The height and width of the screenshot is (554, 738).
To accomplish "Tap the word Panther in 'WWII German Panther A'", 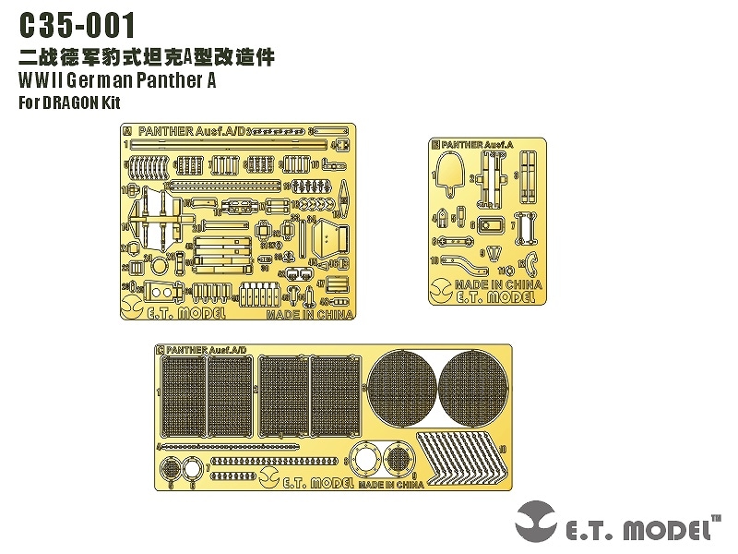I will pyautogui.click(x=160, y=80).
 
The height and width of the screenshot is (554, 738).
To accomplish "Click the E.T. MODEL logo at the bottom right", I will pyautogui.click(x=618, y=524).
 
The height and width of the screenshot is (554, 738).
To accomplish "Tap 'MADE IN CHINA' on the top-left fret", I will pyautogui.click(x=309, y=314).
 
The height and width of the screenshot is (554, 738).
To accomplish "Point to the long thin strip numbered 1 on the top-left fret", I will pyautogui.click(x=231, y=144).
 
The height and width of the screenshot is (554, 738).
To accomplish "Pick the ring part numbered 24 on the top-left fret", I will pyautogui.click(x=159, y=267).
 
